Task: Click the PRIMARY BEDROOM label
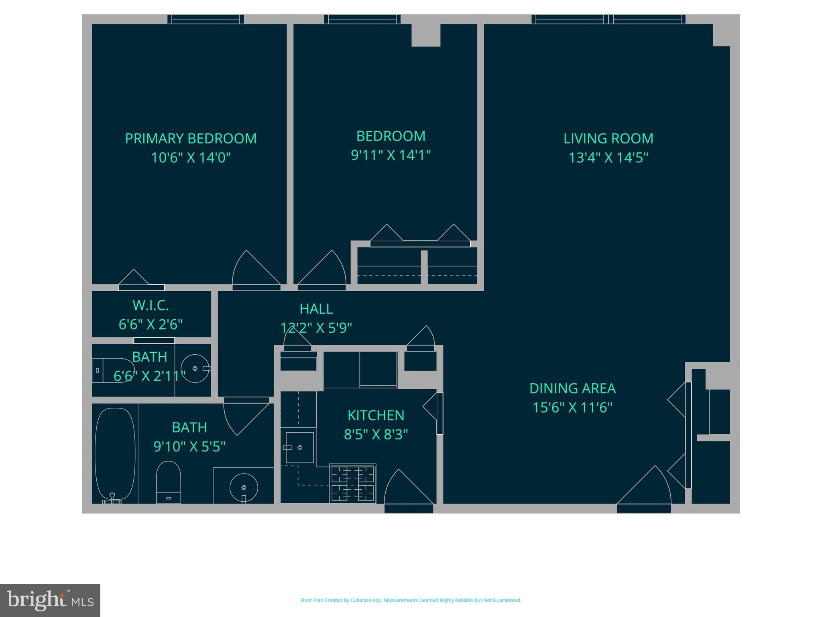(x=191, y=139)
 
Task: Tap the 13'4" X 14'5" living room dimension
(x=608, y=157)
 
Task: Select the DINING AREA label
(x=572, y=388)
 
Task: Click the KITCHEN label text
(x=376, y=415)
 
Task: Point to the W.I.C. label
(x=151, y=306)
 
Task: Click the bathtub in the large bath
(x=115, y=454)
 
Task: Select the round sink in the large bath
(x=244, y=487)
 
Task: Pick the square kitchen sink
(x=299, y=447)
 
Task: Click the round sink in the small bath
(x=195, y=368)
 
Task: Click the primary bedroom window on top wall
(x=205, y=19)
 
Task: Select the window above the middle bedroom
(x=362, y=19)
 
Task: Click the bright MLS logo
(x=50, y=601)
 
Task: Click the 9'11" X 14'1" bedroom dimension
(x=391, y=155)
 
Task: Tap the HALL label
(x=316, y=309)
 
